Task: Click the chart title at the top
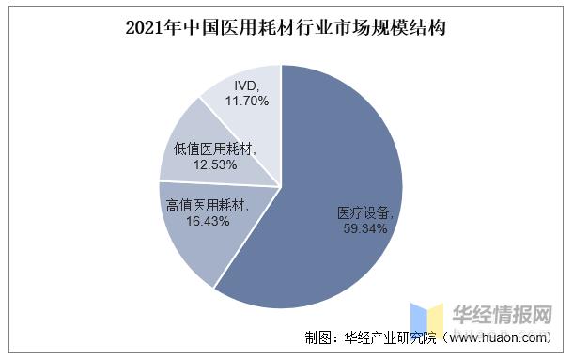pyautogui.click(x=286, y=27)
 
